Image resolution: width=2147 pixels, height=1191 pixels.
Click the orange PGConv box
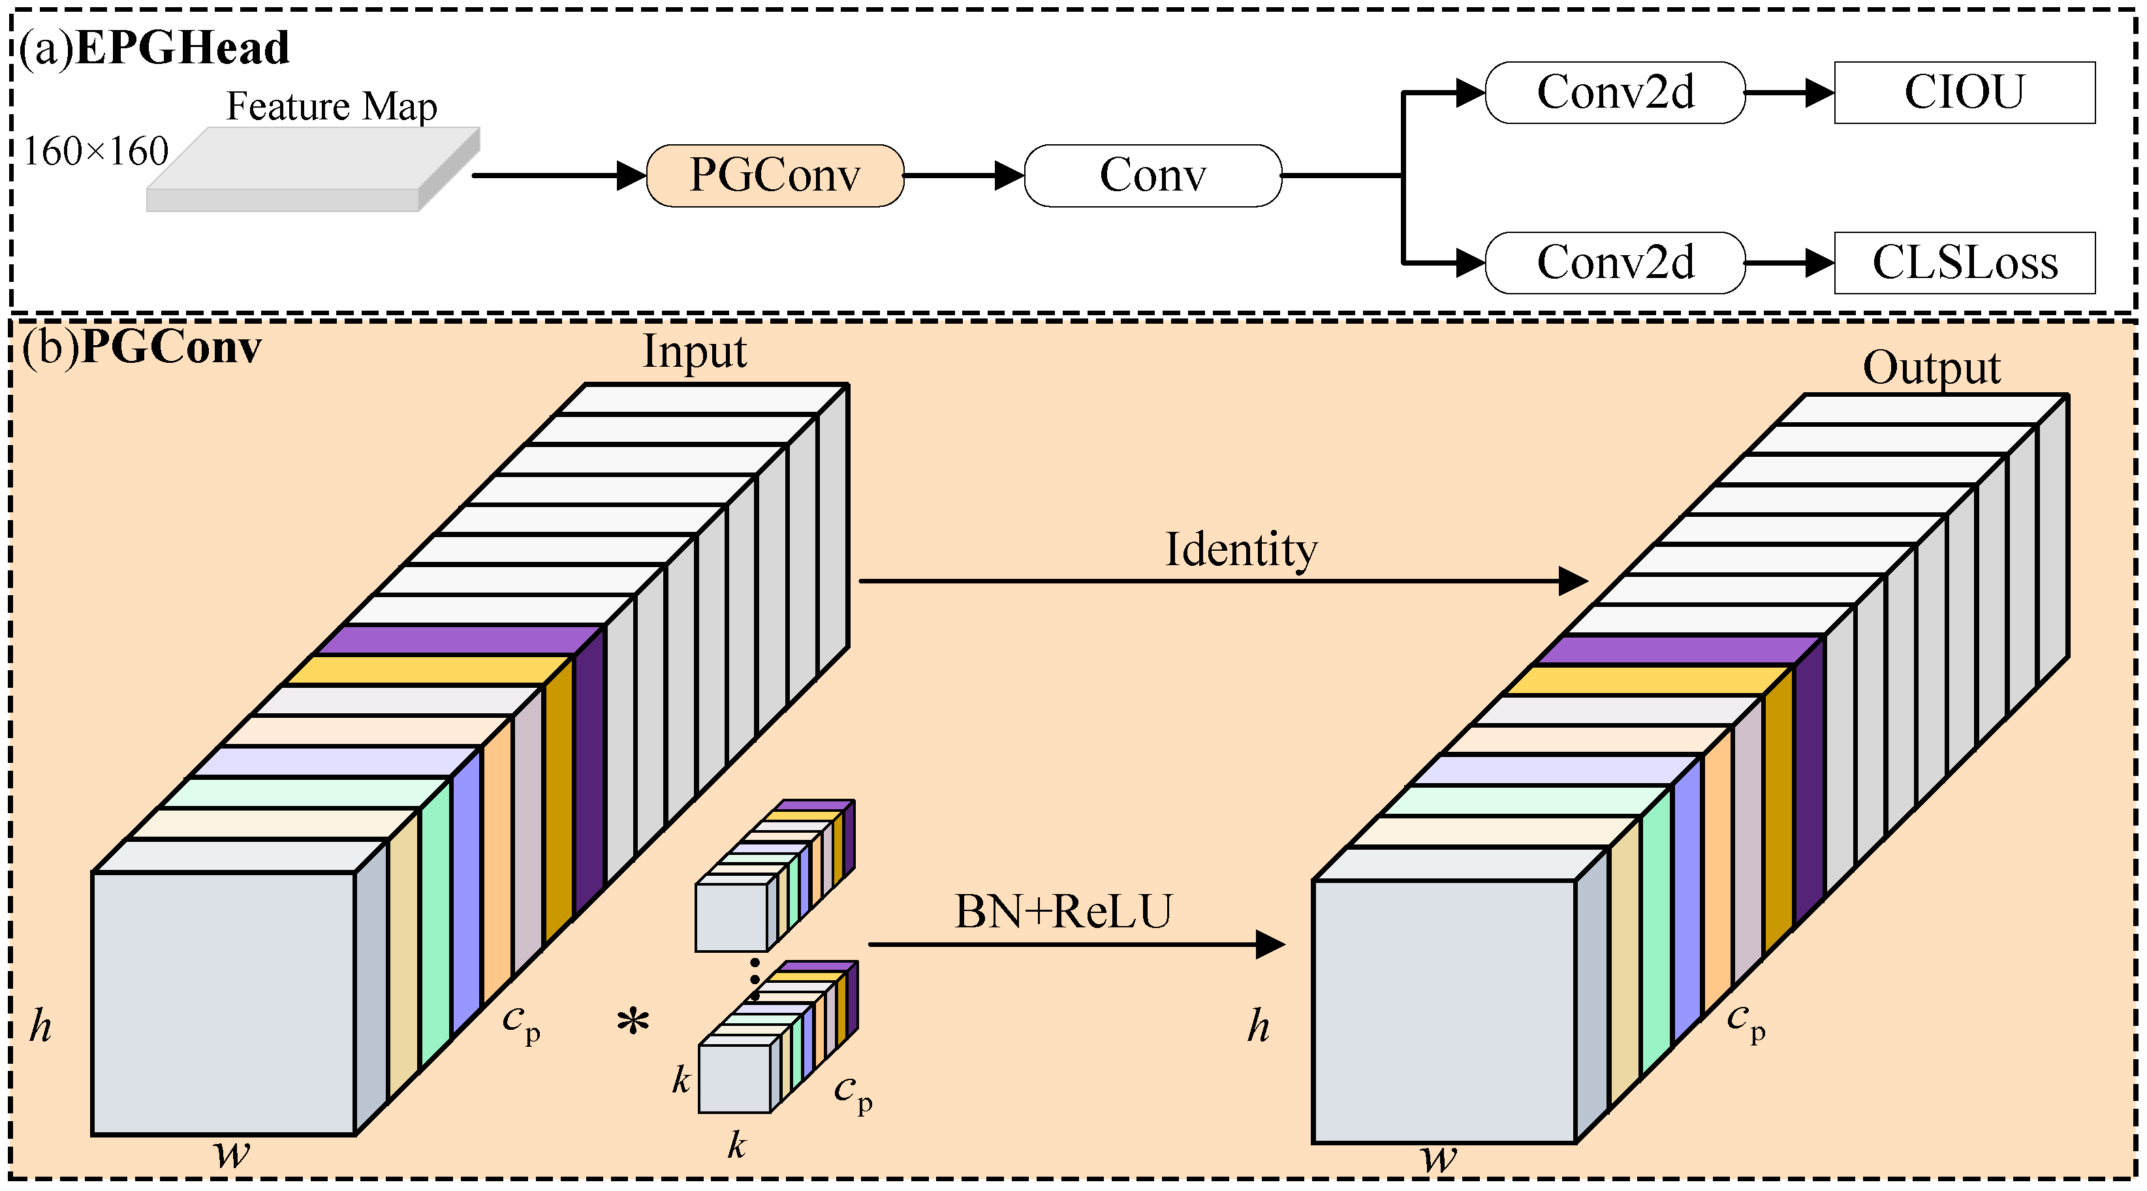(774, 175)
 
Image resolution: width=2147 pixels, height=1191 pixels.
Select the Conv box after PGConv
(1152, 175)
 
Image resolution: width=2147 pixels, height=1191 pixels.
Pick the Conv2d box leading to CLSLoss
(1614, 262)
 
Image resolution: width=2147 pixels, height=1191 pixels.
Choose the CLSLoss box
(1964, 262)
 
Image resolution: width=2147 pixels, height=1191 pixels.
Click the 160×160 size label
(96, 151)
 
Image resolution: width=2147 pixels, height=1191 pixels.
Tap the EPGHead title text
(181, 48)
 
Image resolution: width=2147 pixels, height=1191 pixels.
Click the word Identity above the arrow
(1240, 549)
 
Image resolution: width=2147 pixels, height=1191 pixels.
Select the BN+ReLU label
(1063, 911)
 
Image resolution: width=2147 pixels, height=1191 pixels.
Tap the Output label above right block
(1930, 367)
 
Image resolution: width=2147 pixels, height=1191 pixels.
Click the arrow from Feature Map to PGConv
(558, 176)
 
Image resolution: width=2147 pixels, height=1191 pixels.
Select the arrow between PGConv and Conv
(964, 176)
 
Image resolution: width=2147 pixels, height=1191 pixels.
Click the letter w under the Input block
(231, 1154)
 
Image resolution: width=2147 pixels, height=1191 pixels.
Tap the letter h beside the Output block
(1258, 1026)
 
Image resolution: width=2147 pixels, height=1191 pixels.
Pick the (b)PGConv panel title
(142, 347)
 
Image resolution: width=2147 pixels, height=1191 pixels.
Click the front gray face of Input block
(223, 1002)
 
